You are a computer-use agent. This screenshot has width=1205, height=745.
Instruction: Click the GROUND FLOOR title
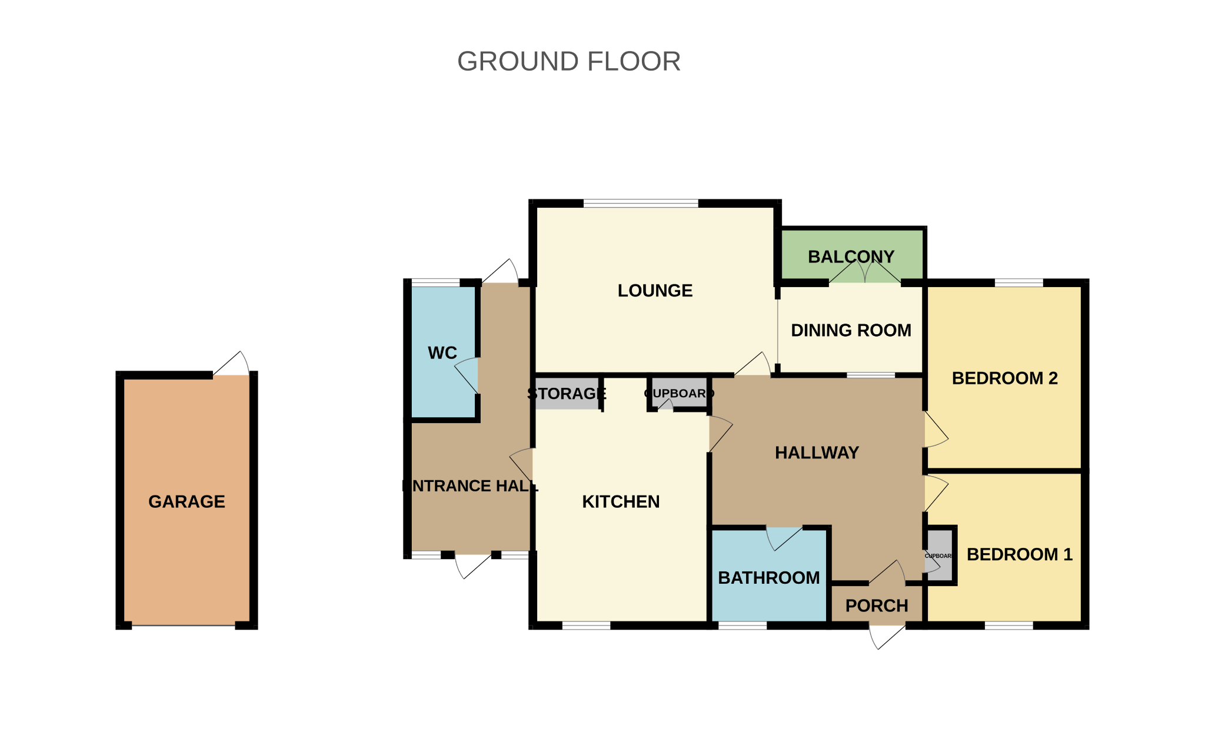click(x=568, y=62)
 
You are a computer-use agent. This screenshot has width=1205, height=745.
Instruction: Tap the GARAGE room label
click(x=187, y=501)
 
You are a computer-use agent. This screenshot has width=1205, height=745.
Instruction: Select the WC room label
click(x=442, y=353)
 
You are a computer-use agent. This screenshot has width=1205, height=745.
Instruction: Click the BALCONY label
click(x=851, y=257)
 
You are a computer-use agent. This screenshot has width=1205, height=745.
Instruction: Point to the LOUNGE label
click(x=655, y=291)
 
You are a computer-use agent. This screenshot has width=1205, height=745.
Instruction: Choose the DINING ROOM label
click(x=851, y=331)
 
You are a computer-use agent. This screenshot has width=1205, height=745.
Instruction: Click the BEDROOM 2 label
click(x=1004, y=378)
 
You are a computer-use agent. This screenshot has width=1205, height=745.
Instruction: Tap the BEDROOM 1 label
click(x=1019, y=554)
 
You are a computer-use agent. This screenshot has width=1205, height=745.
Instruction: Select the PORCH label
click(x=877, y=606)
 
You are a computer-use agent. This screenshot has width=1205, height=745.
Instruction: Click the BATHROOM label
click(x=768, y=578)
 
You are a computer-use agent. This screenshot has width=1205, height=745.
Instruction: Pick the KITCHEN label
click(x=621, y=502)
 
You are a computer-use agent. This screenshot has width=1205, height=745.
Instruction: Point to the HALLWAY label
click(x=817, y=453)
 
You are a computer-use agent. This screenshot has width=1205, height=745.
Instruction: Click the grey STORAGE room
click(x=566, y=394)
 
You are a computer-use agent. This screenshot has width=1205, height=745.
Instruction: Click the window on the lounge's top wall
click(x=640, y=204)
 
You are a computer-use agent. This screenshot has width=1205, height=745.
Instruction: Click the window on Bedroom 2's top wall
click(x=1018, y=283)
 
